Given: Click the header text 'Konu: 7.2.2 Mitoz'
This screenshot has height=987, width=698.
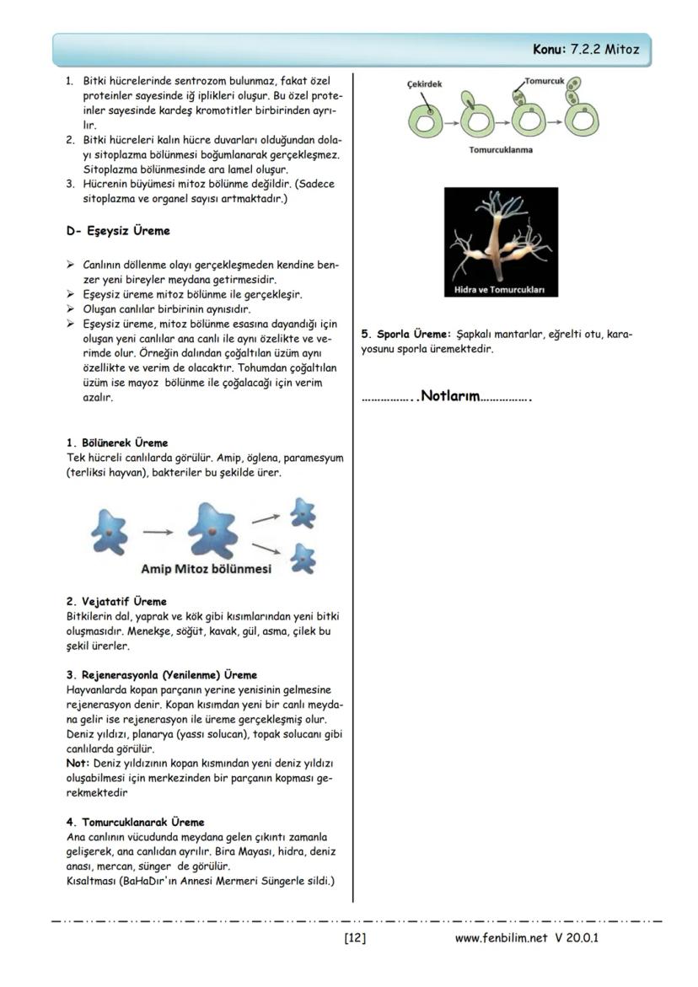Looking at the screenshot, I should [585, 50].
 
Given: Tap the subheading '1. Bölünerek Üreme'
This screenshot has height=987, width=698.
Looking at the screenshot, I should [117, 443].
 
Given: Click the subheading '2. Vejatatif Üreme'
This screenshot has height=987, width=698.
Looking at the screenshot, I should [116, 602].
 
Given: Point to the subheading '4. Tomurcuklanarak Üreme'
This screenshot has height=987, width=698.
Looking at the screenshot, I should [135, 821].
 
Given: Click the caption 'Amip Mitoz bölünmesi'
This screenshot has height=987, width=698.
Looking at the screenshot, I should [206, 569].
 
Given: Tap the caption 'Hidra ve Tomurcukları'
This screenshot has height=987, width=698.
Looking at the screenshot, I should [501, 290].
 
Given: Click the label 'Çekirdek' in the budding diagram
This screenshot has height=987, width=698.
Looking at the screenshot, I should [426, 84].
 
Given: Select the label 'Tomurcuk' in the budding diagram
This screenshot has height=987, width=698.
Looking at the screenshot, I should [543, 81].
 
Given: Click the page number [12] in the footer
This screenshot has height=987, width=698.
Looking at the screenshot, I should [355, 937].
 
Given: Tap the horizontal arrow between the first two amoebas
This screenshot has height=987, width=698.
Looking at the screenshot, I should [158, 532].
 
